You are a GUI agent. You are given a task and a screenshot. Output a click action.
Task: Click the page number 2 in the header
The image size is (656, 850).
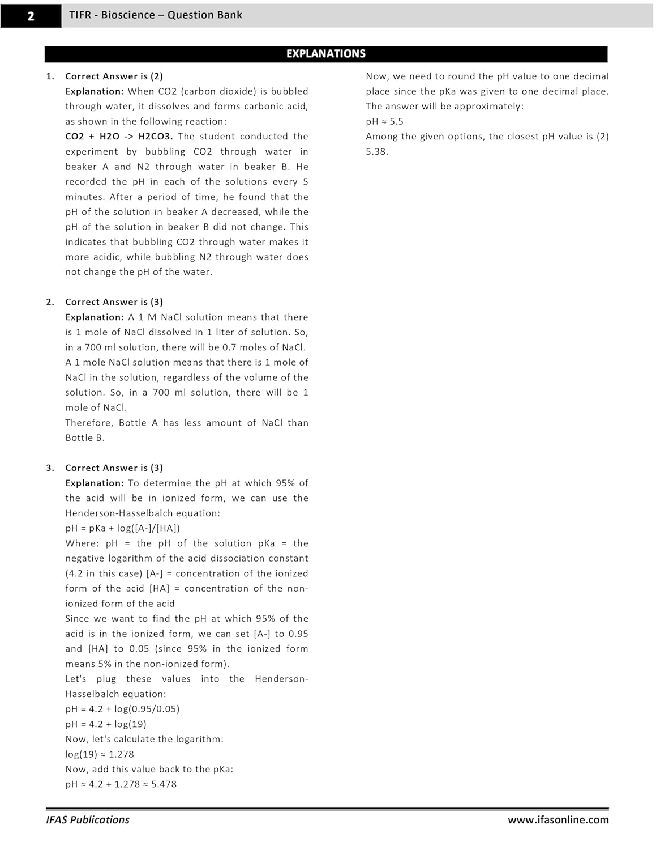tap(31, 16)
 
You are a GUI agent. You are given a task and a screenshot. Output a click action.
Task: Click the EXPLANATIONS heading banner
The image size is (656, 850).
tap(325, 54)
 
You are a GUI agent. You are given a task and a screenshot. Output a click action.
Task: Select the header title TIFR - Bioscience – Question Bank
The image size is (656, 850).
tap(156, 15)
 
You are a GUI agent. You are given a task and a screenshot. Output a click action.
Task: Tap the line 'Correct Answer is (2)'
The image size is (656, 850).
tap(114, 76)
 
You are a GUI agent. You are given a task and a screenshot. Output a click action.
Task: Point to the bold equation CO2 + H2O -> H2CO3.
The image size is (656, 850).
tap(119, 137)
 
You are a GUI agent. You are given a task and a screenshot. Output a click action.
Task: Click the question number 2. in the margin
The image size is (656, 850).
tap(50, 302)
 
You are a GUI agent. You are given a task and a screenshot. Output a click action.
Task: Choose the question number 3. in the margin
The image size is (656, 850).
tap(50, 468)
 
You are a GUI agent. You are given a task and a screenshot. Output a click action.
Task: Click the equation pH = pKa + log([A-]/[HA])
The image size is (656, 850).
tap(122, 528)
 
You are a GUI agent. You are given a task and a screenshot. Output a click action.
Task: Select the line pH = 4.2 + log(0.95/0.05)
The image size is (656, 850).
tap(122, 709)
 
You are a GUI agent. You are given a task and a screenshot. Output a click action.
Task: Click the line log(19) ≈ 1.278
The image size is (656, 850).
tap(100, 754)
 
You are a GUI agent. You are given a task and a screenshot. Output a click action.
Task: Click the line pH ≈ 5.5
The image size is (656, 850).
tap(384, 121)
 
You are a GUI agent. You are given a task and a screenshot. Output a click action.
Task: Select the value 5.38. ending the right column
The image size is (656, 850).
tap(377, 152)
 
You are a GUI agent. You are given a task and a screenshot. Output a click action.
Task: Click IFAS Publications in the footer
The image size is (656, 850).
tap(88, 820)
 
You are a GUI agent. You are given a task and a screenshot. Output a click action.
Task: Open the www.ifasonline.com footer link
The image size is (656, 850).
tap(558, 820)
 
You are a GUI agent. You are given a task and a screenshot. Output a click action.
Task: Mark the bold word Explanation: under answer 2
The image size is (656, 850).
tap(94, 317)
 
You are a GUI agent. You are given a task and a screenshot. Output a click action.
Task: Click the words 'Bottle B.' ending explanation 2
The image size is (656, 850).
tap(85, 438)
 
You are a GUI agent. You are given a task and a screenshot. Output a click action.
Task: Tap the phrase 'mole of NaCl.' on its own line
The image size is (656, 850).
tap(96, 408)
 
